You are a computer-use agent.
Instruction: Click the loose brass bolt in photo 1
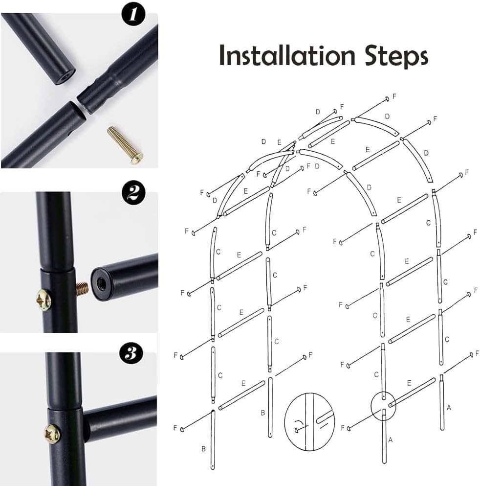tap(125, 144)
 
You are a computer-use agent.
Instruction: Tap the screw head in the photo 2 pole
tap(44, 299)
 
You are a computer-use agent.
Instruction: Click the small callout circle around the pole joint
tap(384, 406)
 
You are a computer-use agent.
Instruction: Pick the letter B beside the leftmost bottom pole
tap(203, 448)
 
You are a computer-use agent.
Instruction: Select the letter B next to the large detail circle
tap(263, 413)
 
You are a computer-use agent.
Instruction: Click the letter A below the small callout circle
tap(391, 440)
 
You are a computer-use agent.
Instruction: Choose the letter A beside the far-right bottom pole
tap(449, 406)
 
